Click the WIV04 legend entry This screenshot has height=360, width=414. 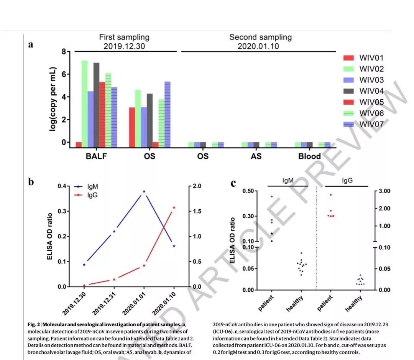click(x=371, y=91)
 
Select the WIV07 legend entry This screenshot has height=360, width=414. click(x=371, y=124)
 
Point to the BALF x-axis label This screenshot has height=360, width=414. click(x=97, y=156)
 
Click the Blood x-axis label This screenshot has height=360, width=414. click(x=310, y=156)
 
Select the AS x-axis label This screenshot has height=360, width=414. click(x=256, y=156)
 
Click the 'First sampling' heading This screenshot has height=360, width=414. click(x=124, y=38)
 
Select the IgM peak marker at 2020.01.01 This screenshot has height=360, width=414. click(x=144, y=191)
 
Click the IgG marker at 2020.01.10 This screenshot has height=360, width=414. click(x=174, y=207)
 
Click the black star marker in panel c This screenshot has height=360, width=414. click(x=272, y=233)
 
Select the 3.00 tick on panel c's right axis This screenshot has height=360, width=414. click(x=384, y=191)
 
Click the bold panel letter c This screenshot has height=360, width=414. click(x=233, y=183)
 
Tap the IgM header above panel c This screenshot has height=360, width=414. click(x=288, y=180)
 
